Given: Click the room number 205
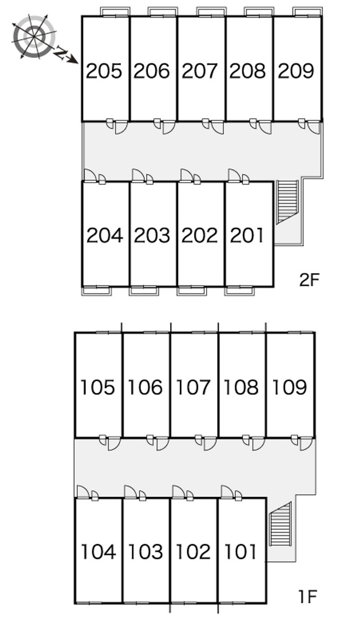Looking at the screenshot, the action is click(103, 71).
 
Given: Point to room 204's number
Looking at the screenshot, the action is click(104, 235).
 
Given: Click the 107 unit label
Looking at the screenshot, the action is click(193, 387).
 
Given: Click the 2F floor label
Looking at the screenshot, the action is click(309, 280).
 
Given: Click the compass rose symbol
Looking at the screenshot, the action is click(34, 36).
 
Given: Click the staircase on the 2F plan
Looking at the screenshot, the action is click(288, 201).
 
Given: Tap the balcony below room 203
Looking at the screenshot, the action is click(144, 291).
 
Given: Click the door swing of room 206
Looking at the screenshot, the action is click(169, 127).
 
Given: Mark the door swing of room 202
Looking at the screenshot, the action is click(186, 176).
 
